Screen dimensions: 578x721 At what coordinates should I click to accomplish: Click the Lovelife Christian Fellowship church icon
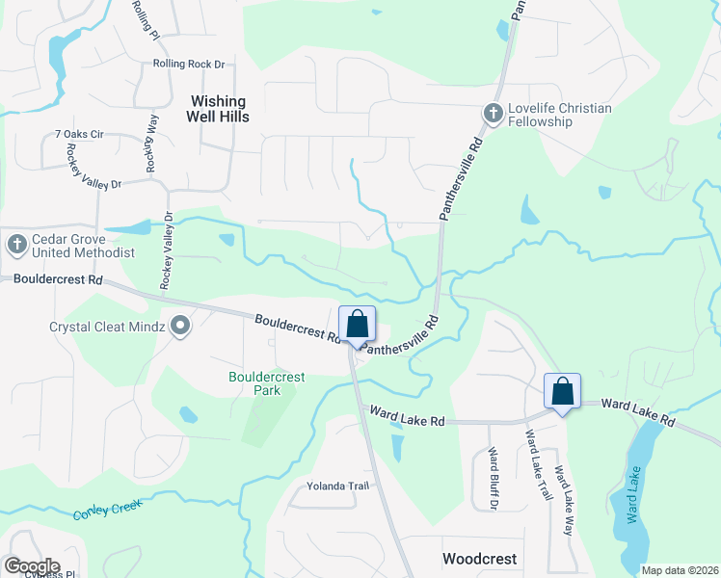492,115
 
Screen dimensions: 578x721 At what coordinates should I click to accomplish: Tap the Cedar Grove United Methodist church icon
16,245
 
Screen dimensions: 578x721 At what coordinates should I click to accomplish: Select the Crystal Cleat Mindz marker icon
180,327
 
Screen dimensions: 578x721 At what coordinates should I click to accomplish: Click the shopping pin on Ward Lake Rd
562,392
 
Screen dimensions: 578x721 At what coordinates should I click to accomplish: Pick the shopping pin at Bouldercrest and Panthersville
357,325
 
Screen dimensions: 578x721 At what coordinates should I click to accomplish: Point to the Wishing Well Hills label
220,109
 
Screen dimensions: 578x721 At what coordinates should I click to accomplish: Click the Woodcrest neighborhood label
479,559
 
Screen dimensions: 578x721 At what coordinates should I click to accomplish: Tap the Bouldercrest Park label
266,383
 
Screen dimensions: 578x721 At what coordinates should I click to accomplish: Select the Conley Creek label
107,507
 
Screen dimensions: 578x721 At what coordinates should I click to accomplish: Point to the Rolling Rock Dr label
188,65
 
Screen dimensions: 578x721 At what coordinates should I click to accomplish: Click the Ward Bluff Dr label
493,478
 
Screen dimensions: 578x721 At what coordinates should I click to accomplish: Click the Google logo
31,565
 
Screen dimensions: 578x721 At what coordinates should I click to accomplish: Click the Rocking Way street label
151,144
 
